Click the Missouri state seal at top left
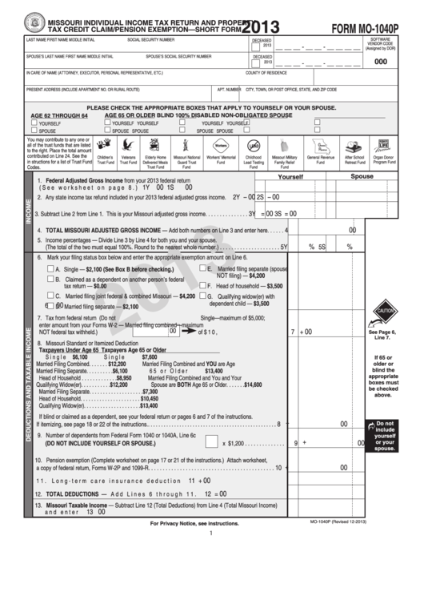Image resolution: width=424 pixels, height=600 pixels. (35, 22)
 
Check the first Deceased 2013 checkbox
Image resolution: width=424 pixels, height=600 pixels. (256, 45)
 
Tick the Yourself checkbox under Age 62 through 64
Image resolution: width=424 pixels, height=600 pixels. (34, 123)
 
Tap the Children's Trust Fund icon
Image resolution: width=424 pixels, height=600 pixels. (105, 144)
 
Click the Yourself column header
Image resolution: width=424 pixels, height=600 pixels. (290, 176)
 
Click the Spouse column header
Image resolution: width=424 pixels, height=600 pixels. (362, 176)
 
